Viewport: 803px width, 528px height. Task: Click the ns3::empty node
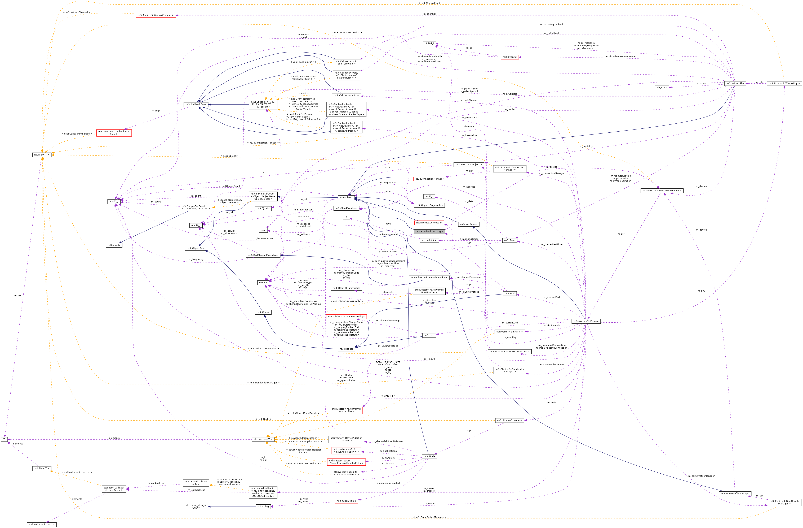click(114, 245)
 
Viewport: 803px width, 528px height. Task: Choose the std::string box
click(263, 506)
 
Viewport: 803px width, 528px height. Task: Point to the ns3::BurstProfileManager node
click(734, 494)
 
